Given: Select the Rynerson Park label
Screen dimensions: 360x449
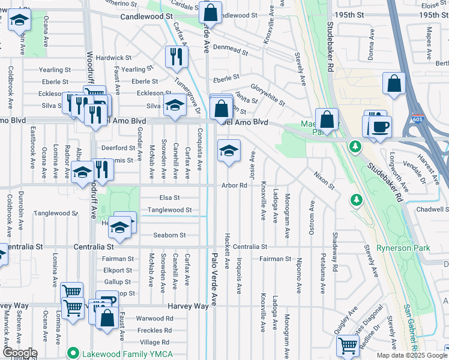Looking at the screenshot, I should [400, 248].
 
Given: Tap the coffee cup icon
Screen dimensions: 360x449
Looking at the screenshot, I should [381, 127].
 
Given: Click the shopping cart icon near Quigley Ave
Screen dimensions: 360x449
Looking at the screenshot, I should [348, 346].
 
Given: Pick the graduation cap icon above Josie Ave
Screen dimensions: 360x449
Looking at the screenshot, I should [229, 151].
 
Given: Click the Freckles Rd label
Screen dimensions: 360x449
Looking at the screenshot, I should [155, 330].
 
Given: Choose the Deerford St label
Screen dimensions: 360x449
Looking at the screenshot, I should [118, 148].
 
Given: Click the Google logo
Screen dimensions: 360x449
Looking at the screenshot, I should [19, 353].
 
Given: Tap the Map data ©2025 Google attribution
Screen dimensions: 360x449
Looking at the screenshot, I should [411, 355].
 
